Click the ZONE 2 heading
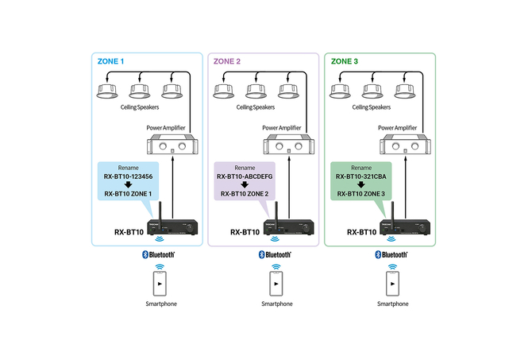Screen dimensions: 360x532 (x=229, y=60)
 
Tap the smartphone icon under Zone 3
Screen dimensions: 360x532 (x=392, y=283)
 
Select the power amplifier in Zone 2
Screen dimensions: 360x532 (x=287, y=147)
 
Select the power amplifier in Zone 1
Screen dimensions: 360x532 (x=170, y=147)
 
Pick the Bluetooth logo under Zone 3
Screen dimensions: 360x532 (x=392, y=254)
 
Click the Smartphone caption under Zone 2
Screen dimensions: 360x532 (x=276, y=304)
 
